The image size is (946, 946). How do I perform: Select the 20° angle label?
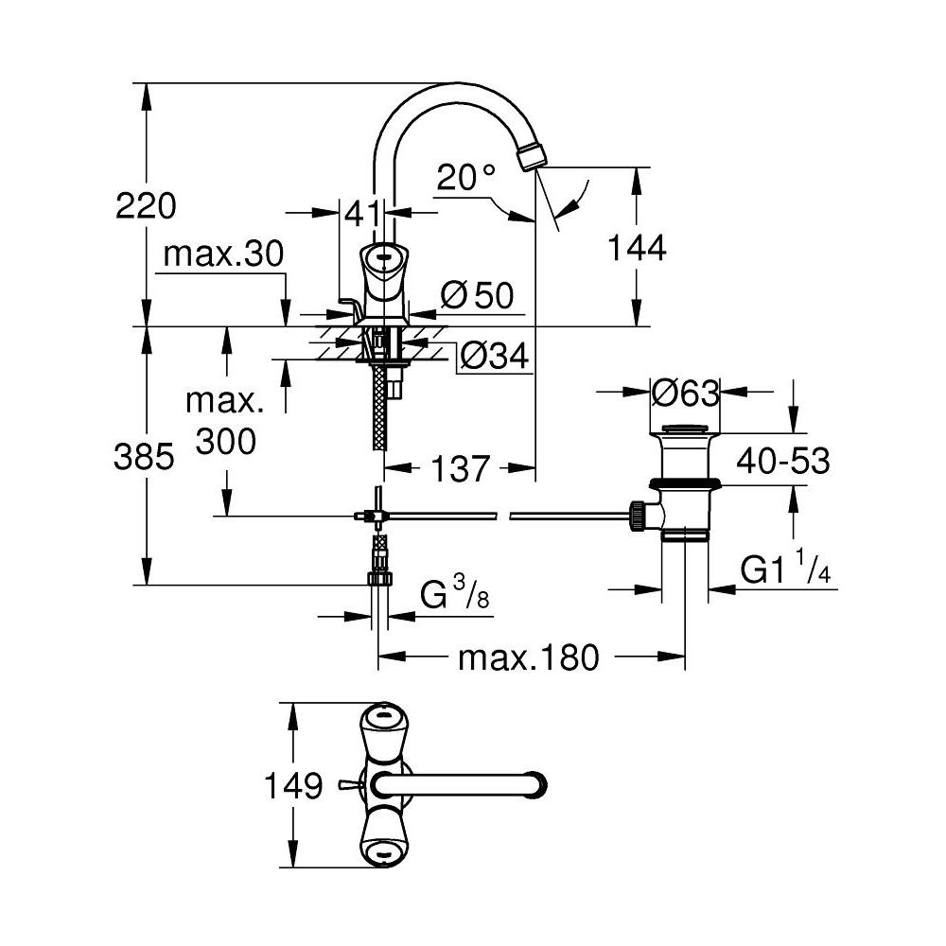pyautogui.click(x=466, y=176)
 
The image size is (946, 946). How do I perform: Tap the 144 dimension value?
pyautogui.click(x=636, y=248)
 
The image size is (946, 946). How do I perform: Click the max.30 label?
pyautogui.click(x=222, y=254)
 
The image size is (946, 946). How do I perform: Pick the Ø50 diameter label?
pyautogui.click(x=478, y=296)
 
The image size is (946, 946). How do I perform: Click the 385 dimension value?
pyautogui.click(x=144, y=458)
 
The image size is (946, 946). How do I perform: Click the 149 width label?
pyautogui.click(x=292, y=785)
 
